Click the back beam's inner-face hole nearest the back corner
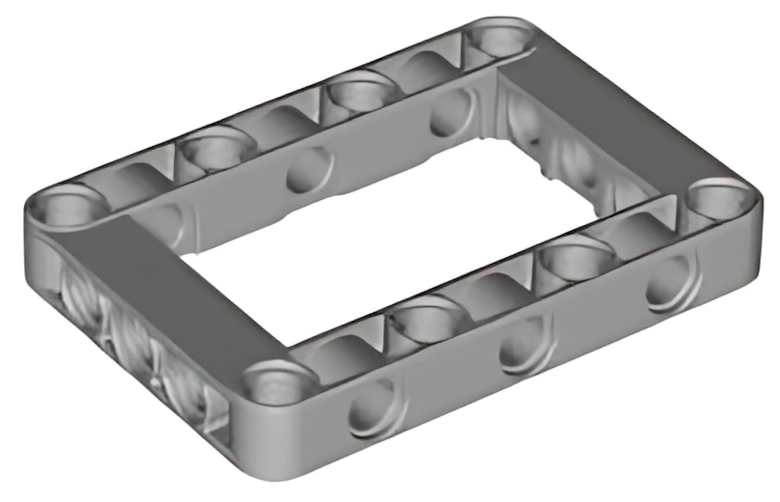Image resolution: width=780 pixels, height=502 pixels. (x=451, y=111)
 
